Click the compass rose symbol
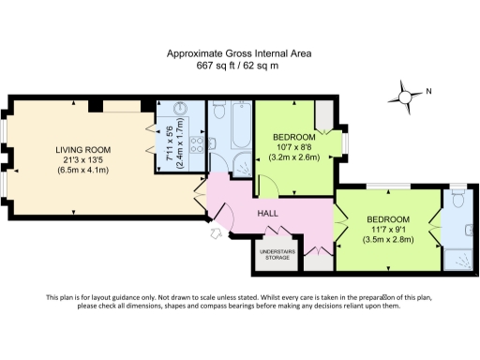click(406, 94)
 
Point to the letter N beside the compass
click(428, 91)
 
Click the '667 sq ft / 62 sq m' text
click(239, 66)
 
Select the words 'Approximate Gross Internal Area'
click(239, 54)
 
